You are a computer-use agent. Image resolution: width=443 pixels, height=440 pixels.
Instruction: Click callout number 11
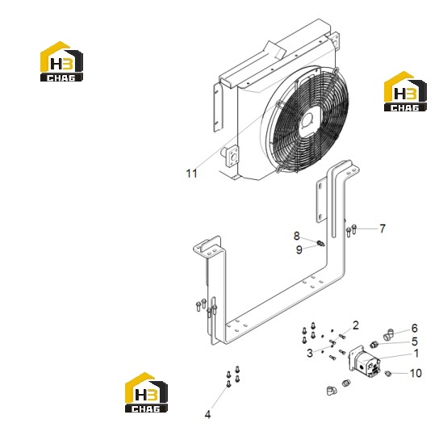tap(191, 174)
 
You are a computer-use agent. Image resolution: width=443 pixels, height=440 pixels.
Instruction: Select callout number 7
tap(382, 228)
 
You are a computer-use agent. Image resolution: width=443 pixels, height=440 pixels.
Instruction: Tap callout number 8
tap(296, 236)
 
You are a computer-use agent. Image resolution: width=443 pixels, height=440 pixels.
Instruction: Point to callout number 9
tap(299, 249)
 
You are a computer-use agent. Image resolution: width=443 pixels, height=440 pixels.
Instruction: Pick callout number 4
tap(207, 414)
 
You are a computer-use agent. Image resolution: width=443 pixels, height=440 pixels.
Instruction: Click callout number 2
tap(355, 325)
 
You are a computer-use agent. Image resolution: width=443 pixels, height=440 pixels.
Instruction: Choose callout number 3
tap(310, 353)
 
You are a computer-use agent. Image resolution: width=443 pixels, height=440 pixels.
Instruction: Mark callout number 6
tap(414, 328)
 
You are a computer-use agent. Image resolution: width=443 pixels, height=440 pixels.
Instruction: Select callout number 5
tap(415, 342)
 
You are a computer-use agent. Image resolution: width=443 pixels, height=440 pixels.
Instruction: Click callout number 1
tap(416, 354)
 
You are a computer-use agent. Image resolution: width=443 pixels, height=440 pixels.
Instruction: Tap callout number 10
tap(416, 373)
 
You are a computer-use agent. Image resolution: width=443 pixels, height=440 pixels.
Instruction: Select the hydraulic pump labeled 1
tap(364, 362)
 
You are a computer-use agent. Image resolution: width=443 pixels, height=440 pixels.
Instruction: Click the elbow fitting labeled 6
tap(388, 333)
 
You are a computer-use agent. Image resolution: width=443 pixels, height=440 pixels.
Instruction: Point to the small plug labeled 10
tap(388, 374)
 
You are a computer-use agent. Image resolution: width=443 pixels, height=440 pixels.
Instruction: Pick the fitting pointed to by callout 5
tap(374, 345)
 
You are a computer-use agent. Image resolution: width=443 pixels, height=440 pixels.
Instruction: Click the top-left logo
tap(61, 61)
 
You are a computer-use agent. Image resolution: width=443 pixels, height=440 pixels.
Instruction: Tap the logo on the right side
tap(405, 91)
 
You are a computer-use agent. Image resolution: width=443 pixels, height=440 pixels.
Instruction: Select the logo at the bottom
tap(146, 392)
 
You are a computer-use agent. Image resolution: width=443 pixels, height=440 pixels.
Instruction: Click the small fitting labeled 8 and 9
tap(321, 243)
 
